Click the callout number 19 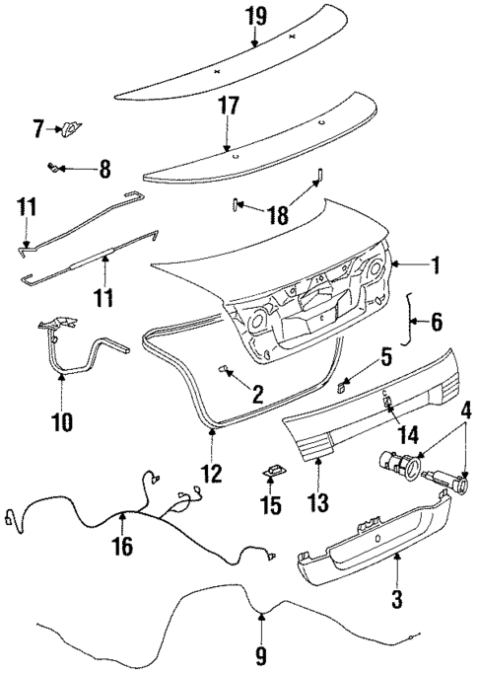(x=254, y=16)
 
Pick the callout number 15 (x=271, y=506)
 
